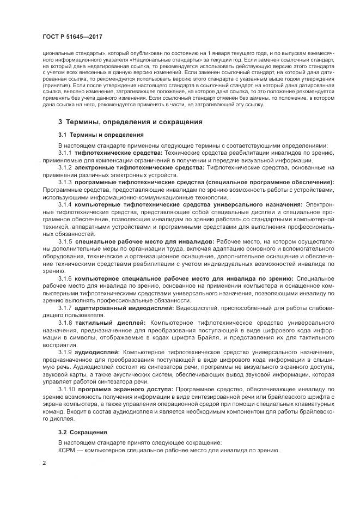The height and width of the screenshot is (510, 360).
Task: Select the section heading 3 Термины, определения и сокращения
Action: coord(130,122)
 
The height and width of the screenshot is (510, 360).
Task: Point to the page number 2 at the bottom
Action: coord(44,463)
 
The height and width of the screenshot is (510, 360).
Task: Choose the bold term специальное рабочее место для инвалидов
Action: coord(145,240)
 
